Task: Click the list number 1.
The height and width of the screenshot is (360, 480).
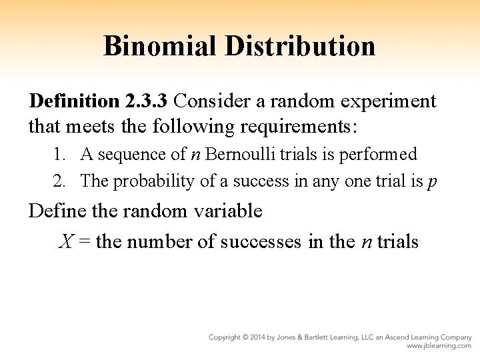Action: (59, 155)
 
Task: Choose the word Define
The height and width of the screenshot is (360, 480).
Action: (55, 211)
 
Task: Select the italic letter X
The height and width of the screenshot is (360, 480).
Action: (66, 241)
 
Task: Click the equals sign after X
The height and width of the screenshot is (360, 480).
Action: (85, 241)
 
